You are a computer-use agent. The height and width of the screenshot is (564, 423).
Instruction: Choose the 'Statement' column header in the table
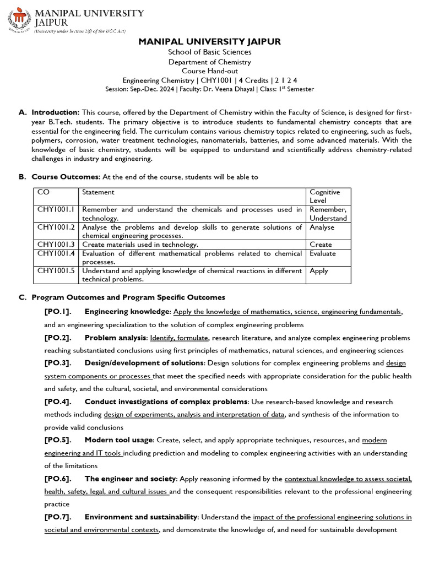[98, 192]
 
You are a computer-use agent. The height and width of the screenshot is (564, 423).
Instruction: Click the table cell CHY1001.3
[57, 245]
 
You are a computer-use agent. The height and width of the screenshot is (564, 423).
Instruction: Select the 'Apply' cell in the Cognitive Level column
[319, 271]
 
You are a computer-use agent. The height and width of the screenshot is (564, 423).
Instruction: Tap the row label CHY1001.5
[57, 271]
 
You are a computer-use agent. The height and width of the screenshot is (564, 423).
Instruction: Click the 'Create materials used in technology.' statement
[140, 245]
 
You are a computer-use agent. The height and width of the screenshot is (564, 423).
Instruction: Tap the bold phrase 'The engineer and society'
[130, 479]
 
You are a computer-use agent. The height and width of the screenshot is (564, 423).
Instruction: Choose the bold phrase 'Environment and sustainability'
[141, 517]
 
